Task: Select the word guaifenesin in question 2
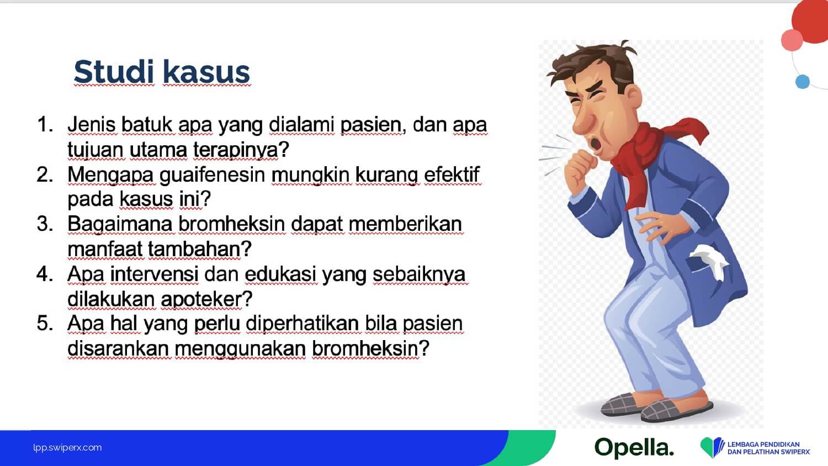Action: point(213,175)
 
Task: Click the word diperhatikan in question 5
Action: point(302,324)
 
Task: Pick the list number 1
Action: point(45,124)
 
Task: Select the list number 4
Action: point(45,274)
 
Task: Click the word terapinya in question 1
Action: point(236,150)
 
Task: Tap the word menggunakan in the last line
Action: point(240,349)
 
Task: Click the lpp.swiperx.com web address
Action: point(67,448)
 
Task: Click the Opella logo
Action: point(634,448)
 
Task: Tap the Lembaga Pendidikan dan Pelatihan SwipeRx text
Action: point(768,448)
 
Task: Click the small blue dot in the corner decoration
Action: point(803,82)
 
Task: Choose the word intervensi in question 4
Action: point(154,274)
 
